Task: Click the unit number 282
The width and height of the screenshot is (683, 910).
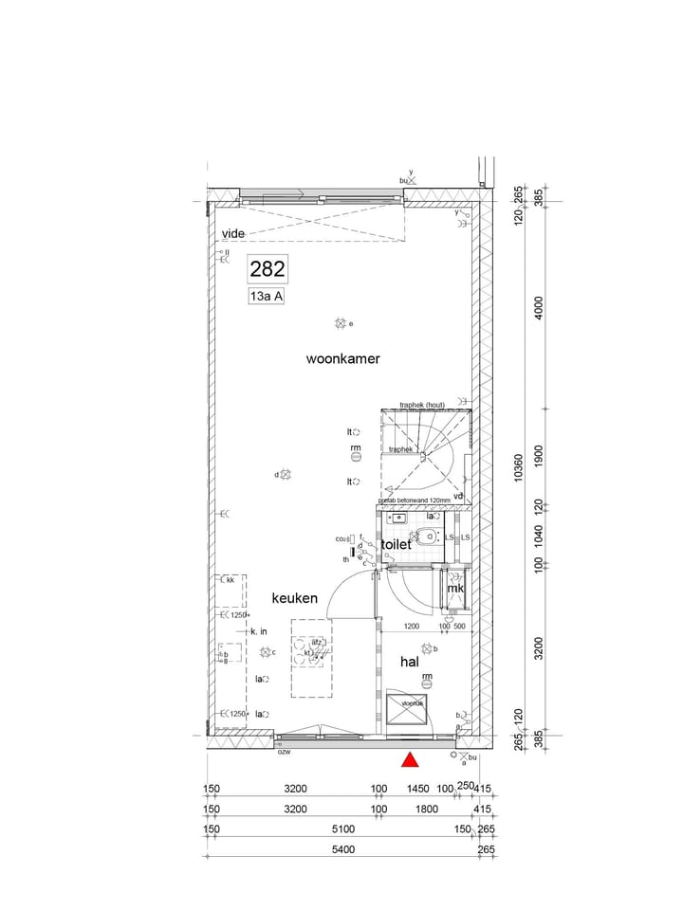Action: click(268, 269)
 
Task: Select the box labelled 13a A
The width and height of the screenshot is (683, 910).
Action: click(267, 297)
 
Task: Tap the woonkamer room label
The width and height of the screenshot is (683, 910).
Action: click(342, 359)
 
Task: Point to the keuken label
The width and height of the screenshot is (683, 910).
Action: click(294, 598)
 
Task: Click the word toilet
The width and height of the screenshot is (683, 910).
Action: click(396, 545)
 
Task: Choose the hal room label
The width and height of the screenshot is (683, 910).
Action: click(409, 663)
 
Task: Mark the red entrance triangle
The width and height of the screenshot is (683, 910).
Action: click(410, 759)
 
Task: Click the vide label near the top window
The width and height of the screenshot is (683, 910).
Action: click(233, 233)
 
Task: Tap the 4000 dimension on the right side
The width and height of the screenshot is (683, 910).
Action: click(538, 310)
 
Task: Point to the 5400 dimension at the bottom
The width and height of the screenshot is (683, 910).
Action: click(342, 849)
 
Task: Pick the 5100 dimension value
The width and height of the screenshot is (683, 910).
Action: click(342, 829)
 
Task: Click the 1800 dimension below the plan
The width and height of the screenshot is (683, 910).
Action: click(426, 809)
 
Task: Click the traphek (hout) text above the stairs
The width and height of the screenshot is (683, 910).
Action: click(422, 405)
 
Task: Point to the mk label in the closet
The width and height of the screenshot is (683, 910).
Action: click(455, 589)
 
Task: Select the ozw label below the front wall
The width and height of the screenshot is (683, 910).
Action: click(283, 752)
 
